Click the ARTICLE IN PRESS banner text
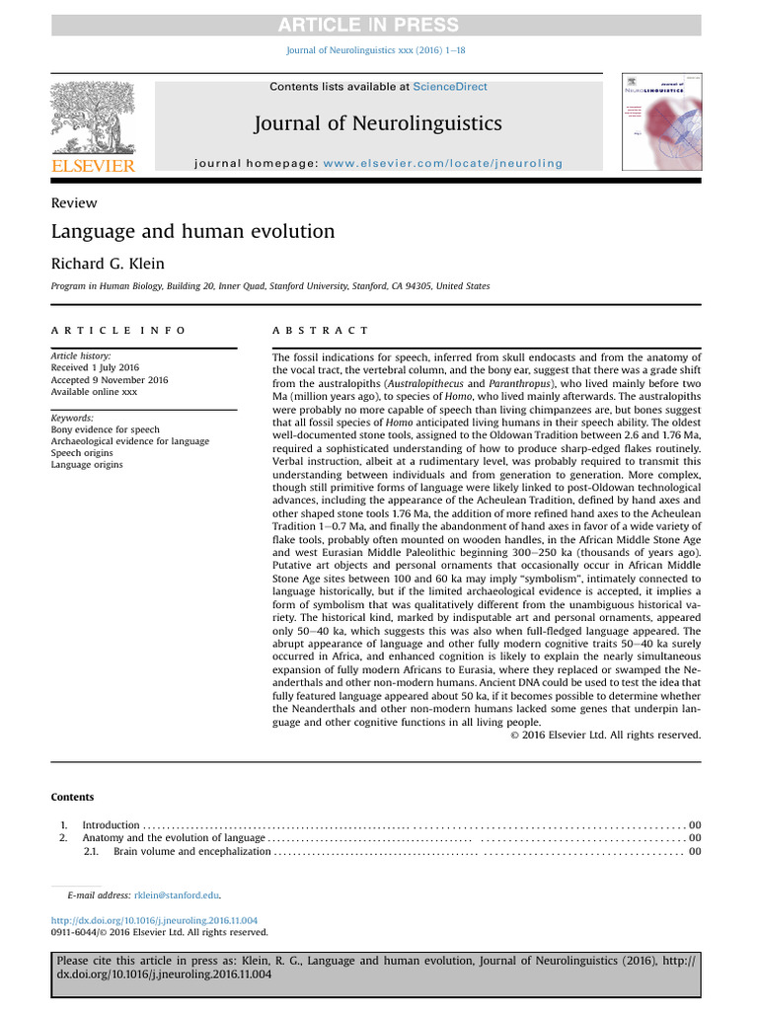pyautogui.click(x=380, y=25)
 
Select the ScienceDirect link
pyautogui.click(x=450, y=87)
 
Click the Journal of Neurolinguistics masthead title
pyautogui.click(x=378, y=123)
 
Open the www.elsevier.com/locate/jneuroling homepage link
pyautogui.click(x=443, y=163)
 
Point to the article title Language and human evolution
pyautogui.click(x=192, y=232)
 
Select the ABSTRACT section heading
pyautogui.click(x=320, y=331)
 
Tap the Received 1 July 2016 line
pyautogui.click(x=91, y=368)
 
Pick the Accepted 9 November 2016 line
pyautogui.click(x=109, y=380)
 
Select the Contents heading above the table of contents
pyautogui.click(x=72, y=797)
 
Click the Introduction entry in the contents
pyautogui.click(x=111, y=824)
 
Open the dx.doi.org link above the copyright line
pyautogui.click(x=153, y=919)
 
